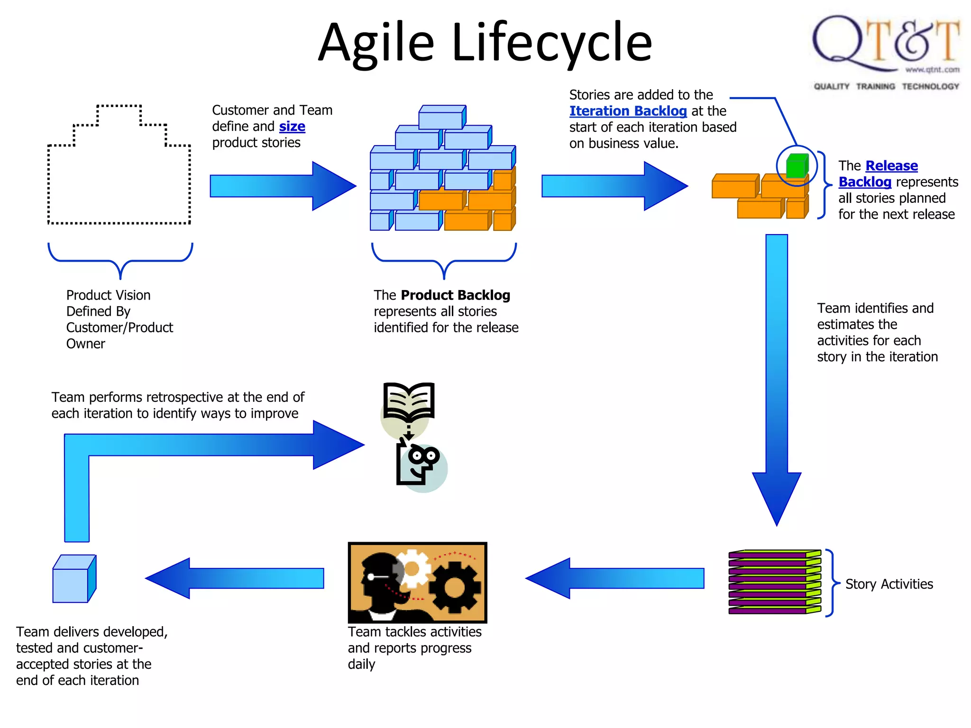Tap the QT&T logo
886,50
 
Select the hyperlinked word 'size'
292,127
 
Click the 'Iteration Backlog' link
628,111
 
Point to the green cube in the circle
797,166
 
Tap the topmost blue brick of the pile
442,117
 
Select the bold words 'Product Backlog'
455,295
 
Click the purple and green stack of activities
774,582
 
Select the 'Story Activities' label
889,584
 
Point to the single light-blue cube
74,579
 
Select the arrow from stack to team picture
616,578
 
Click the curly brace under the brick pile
444,262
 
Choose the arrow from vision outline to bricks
282,186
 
